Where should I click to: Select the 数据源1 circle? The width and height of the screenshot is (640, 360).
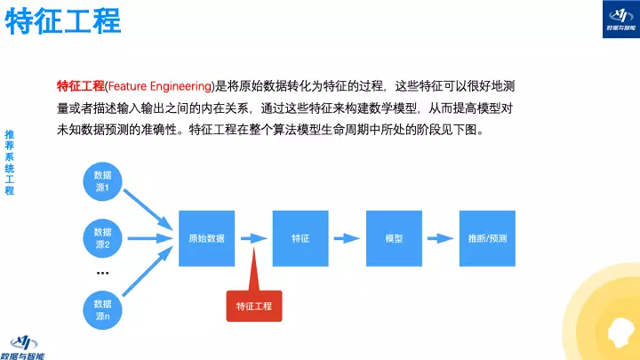point(102,181)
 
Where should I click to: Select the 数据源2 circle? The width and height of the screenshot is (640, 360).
point(102,238)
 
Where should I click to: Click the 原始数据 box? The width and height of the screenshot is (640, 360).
point(206,238)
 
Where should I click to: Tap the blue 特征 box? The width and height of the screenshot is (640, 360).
point(300,238)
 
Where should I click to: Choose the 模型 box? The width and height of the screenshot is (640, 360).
point(395,238)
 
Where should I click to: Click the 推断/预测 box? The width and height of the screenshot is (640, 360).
point(487,238)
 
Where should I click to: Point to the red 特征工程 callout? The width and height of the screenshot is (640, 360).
point(253,305)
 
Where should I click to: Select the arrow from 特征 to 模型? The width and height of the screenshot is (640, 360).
point(347,238)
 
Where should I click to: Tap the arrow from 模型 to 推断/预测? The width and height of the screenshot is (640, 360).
point(440,238)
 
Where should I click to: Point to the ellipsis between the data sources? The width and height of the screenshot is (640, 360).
point(102,273)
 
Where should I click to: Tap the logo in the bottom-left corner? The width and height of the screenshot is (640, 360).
point(27,345)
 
